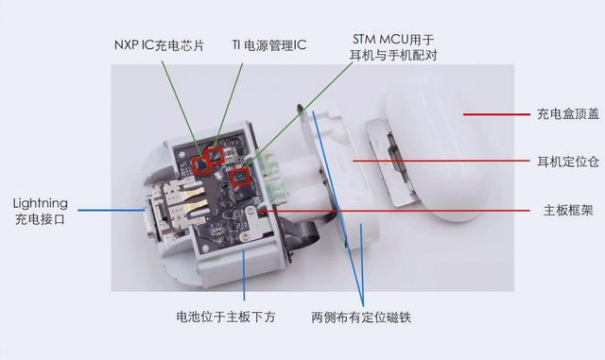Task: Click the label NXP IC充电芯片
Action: [159, 45]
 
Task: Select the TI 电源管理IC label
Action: [269, 45]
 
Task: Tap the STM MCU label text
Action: [393, 47]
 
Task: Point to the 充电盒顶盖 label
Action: [568, 113]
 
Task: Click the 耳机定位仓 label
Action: [568, 162]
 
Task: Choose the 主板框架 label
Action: [568, 211]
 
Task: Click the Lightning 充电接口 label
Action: [40, 211]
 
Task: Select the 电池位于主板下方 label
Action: [226, 317]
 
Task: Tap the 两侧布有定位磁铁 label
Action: [361, 317]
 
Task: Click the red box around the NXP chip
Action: [201, 166]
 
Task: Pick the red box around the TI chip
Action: [216, 155]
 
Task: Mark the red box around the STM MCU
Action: [240, 177]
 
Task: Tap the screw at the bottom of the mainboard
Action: [244, 236]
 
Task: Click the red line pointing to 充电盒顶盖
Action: [496, 114]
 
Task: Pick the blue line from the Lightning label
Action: [112, 211]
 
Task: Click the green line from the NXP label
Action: [181, 110]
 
